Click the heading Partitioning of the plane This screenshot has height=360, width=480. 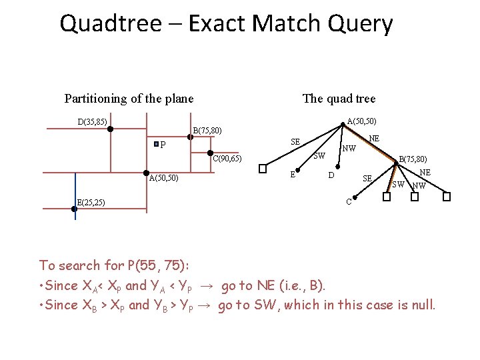coord(129,99)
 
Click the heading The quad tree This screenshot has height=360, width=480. coord(339,99)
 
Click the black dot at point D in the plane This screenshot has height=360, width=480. coord(111,129)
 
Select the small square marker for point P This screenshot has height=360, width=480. coord(155,144)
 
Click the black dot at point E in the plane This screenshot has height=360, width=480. coord(75,209)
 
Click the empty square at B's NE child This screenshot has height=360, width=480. coord(447,197)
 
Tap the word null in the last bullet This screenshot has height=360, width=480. coord(420,305)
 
